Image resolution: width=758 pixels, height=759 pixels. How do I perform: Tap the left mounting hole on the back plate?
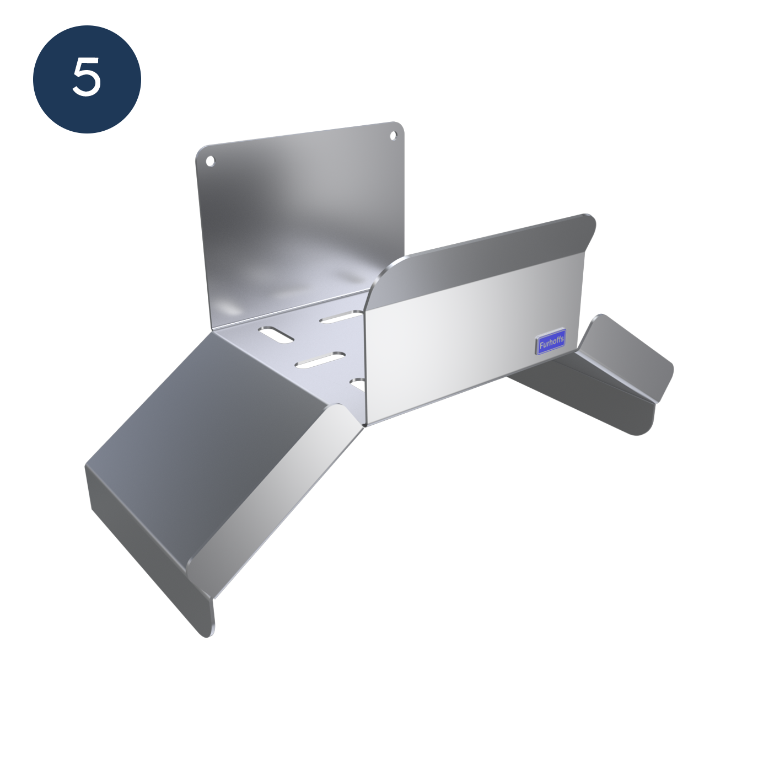[x=211, y=161]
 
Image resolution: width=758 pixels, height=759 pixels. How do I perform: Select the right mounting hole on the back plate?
[x=394, y=136]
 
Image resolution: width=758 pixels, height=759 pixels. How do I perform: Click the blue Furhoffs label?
[x=551, y=341]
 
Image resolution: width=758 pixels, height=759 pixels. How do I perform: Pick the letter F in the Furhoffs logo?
[x=541, y=346]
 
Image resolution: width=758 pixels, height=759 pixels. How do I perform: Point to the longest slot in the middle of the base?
[x=320, y=360]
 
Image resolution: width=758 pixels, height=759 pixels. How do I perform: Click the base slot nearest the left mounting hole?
[x=276, y=335]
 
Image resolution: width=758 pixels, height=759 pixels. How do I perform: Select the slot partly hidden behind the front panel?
[x=358, y=385]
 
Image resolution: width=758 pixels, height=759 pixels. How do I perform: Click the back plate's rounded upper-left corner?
[x=201, y=152]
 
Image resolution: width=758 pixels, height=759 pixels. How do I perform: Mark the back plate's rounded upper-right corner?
[x=400, y=127]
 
